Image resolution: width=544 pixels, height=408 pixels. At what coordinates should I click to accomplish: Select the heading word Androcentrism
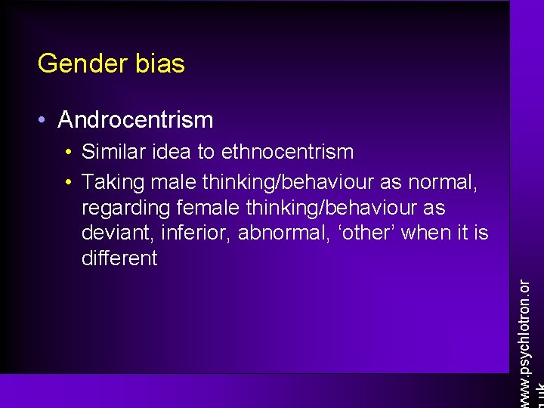pyautogui.click(x=135, y=119)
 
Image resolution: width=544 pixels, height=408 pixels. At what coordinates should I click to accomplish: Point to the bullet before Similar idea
pyautogui.click(x=69, y=152)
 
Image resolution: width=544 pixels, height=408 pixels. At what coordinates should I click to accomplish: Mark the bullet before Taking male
pyautogui.click(x=69, y=182)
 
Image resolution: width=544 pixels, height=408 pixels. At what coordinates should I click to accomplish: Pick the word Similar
pyautogui.click(x=113, y=152)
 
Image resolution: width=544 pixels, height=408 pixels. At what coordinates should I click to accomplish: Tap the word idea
pyautogui.click(x=171, y=152)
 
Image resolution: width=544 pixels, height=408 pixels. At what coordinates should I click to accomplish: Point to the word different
pyautogui.click(x=119, y=258)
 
